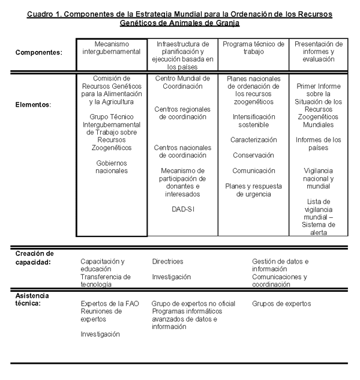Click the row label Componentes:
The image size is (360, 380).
38,53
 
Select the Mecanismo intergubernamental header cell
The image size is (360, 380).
112,48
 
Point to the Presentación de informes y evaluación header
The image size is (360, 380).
319,52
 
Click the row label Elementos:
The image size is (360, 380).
33,104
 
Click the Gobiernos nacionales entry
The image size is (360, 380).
112,167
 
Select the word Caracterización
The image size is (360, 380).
253,140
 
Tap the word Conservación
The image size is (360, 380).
253,155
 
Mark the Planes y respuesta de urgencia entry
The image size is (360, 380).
253,190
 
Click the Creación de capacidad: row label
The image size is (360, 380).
35,258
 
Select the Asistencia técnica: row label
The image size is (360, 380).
32,300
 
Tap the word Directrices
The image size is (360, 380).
167,262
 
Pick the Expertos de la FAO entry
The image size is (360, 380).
109,304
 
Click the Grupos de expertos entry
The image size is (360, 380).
281,304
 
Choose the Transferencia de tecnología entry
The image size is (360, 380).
106,280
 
